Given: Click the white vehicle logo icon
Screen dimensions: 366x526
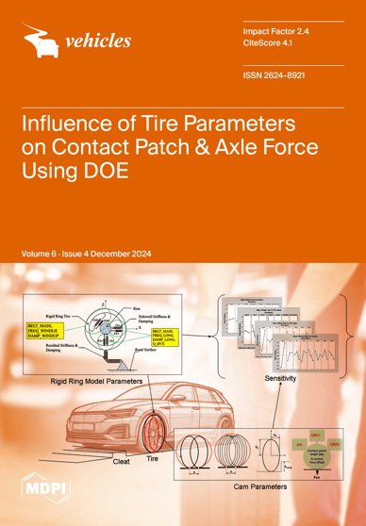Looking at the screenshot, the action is (41, 40).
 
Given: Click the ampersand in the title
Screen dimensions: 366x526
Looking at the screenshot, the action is (225, 164).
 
